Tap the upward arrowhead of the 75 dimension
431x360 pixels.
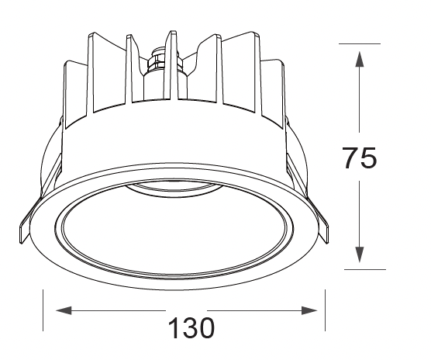(x=359, y=58)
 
